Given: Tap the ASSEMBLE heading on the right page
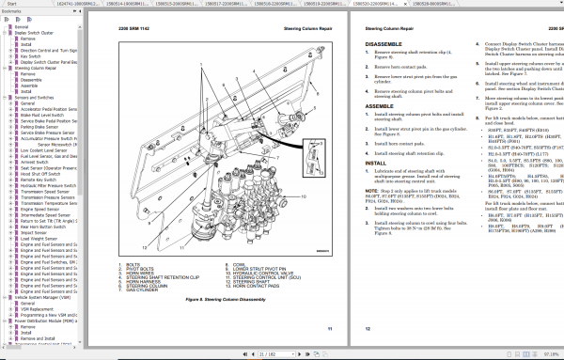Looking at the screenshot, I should (x=377, y=106).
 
